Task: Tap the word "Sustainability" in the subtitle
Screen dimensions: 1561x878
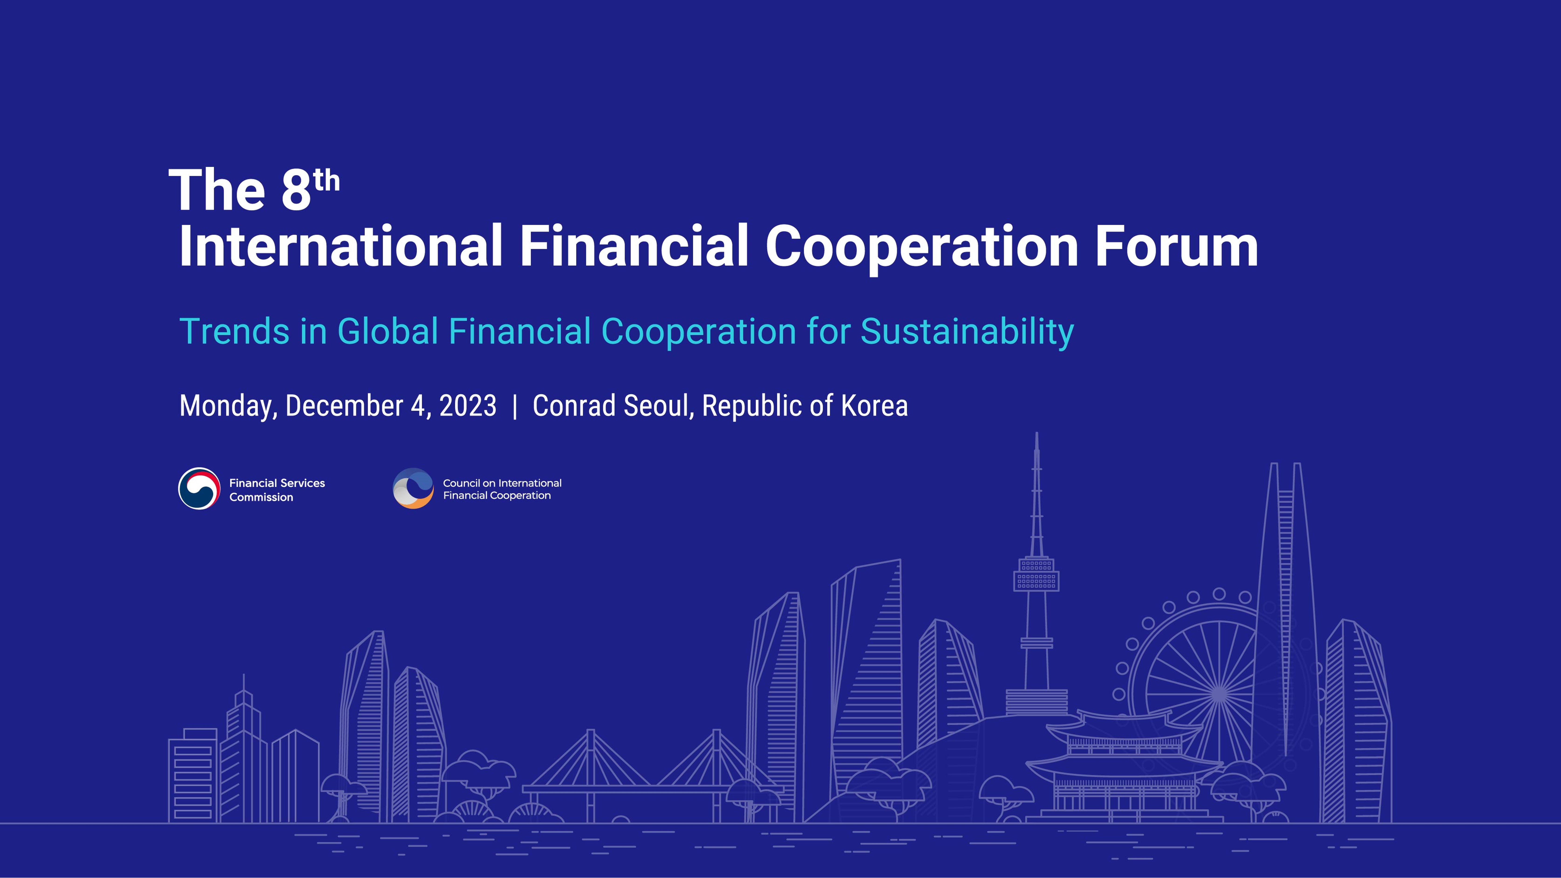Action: [x=967, y=332]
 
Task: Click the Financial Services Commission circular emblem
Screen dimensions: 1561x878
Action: [x=199, y=488]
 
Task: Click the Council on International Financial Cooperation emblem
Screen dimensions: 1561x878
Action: [x=413, y=488]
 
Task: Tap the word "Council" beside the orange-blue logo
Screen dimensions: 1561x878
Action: [x=461, y=483]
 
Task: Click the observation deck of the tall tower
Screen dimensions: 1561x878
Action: [x=1036, y=574]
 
